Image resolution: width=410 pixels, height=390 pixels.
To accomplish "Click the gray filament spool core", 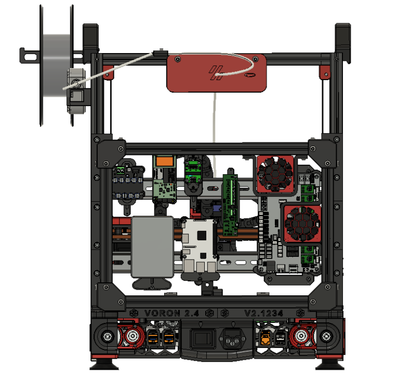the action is coord(56,66).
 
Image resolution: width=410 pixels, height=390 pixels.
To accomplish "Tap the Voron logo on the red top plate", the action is coord(216,73).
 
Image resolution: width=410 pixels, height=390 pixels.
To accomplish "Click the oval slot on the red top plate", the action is coord(250,75).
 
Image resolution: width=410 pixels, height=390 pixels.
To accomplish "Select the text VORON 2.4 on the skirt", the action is coord(171,314).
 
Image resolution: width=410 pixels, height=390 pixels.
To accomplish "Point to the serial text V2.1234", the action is coord(263,314).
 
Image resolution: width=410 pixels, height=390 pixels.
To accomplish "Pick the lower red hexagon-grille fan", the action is coord(303,224).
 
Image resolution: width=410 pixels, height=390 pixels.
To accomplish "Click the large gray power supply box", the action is coord(152,246).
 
